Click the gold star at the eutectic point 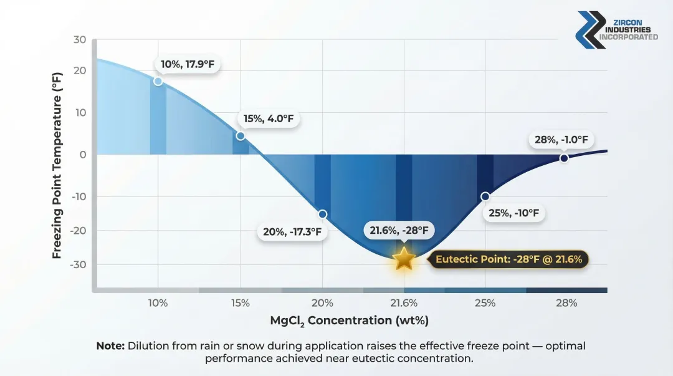point(404,258)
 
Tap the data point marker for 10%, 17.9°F point(158,81)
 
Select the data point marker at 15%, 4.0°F point(241,136)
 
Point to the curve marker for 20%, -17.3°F point(322,214)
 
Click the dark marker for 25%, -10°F point(485,196)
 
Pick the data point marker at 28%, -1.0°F point(564,158)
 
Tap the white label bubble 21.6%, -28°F point(399,231)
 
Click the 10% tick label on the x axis point(158,303)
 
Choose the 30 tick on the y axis point(80,39)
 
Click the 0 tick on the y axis point(82,155)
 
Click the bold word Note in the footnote point(110,345)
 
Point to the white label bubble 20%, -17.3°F point(292,232)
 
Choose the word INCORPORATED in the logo point(628,37)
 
